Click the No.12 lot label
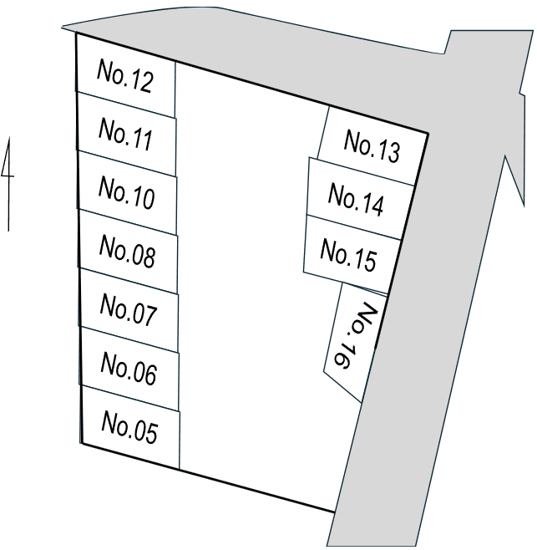(125, 76)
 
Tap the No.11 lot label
(125, 134)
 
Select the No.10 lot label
(126, 192)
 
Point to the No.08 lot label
(127, 251)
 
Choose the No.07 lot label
(128, 309)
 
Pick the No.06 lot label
(129, 369)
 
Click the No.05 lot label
(129, 427)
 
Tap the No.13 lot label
(372, 146)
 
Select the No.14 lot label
(356, 199)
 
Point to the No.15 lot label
(348, 255)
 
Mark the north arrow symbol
(8, 184)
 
